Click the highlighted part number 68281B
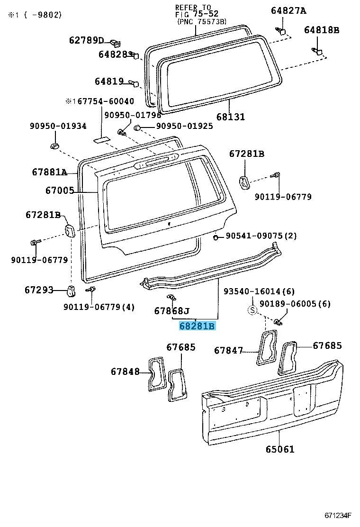click(197, 326)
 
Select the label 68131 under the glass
click(231, 117)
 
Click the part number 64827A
click(288, 11)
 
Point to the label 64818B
click(322, 30)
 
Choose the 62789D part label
click(86, 40)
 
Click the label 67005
click(60, 191)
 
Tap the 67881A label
click(50, 172)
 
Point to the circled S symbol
click(252, 311)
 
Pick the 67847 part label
click(228, 351)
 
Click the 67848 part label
click(126, 372)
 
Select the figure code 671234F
click(338, 515)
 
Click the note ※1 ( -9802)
click(34, 15)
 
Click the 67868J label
click(171, 311)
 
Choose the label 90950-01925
click(184, 127)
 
